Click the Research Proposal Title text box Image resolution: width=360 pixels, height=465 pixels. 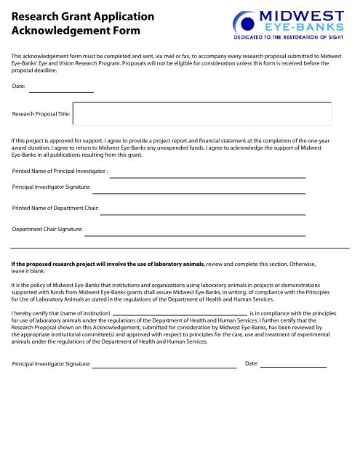203,114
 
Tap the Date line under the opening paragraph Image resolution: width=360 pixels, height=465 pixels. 61,92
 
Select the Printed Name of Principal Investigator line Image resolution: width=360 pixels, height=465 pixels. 207,177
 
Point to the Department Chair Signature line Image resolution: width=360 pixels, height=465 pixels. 194,235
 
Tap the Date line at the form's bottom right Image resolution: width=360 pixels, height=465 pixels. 293,368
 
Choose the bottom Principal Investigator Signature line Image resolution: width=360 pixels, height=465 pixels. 164,368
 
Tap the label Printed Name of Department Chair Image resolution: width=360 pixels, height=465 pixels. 55,209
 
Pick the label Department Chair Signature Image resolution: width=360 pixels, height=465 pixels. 47,230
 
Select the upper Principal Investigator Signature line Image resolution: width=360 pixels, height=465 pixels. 198,193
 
